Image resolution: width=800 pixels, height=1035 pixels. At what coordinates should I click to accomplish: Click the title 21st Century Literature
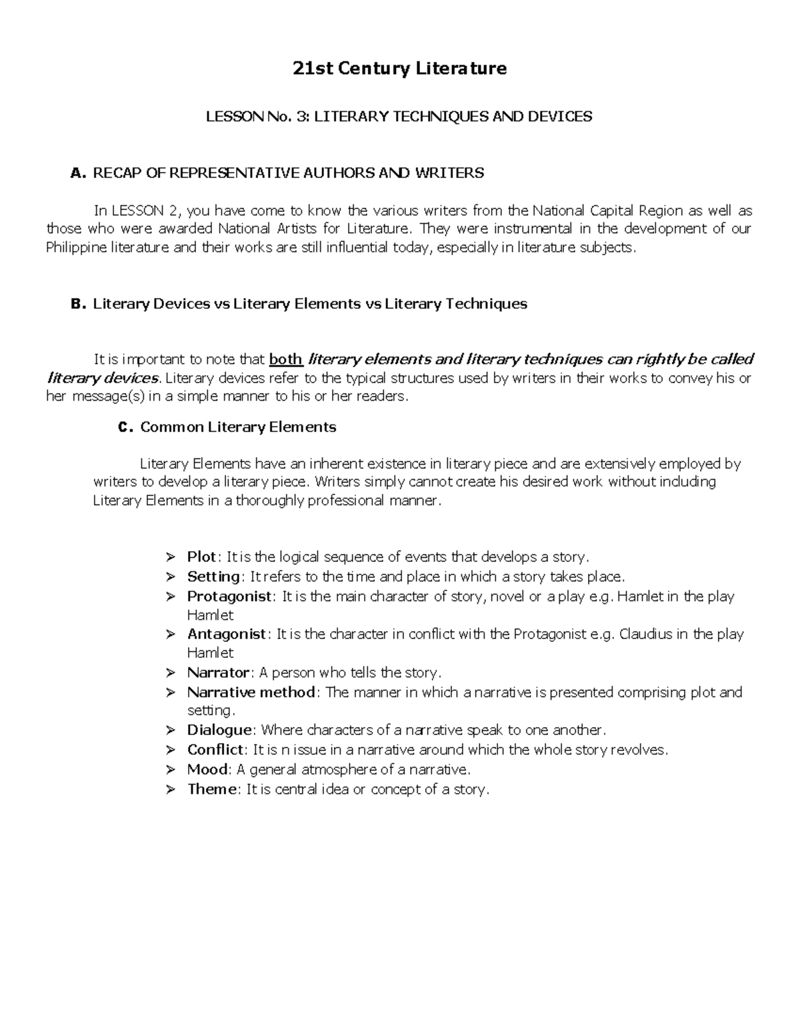coord(400,69)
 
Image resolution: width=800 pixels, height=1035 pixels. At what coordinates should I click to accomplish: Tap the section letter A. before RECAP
coord(78,173)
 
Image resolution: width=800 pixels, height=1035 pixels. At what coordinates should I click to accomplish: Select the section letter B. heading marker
coord(78,304)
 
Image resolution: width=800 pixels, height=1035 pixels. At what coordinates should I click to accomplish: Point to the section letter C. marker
coord(125,427)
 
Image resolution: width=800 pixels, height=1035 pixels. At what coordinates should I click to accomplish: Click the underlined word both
coord(286,360)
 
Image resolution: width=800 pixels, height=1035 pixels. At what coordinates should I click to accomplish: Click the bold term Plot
coord(201,556)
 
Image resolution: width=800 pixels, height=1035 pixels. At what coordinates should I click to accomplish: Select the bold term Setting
coord(213,576)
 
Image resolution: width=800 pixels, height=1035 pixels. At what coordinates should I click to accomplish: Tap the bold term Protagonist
coord(229,596)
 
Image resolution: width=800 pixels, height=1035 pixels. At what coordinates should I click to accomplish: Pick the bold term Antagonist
coord(227,634)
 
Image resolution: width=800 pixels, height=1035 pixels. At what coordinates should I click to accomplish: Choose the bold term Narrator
coord(218,672)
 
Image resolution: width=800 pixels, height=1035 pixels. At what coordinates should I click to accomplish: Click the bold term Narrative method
coord(251,692)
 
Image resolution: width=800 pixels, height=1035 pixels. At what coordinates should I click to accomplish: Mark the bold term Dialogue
coord(219,730)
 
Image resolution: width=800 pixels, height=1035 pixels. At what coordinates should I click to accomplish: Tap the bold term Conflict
coord(216,750)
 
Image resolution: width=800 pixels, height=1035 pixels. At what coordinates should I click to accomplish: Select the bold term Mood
coord(207,770)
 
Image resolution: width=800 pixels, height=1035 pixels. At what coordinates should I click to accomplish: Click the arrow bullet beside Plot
coord(171,557)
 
